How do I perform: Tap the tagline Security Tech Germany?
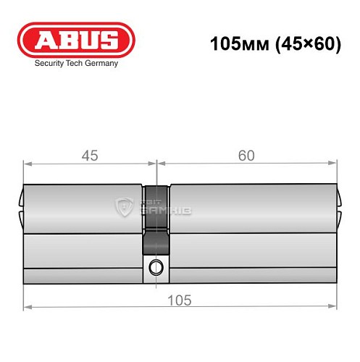point(76,64)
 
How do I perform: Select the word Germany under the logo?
point(101,64)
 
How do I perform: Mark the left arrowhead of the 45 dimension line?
point(27,164)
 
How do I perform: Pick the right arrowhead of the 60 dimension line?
point(334,164)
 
